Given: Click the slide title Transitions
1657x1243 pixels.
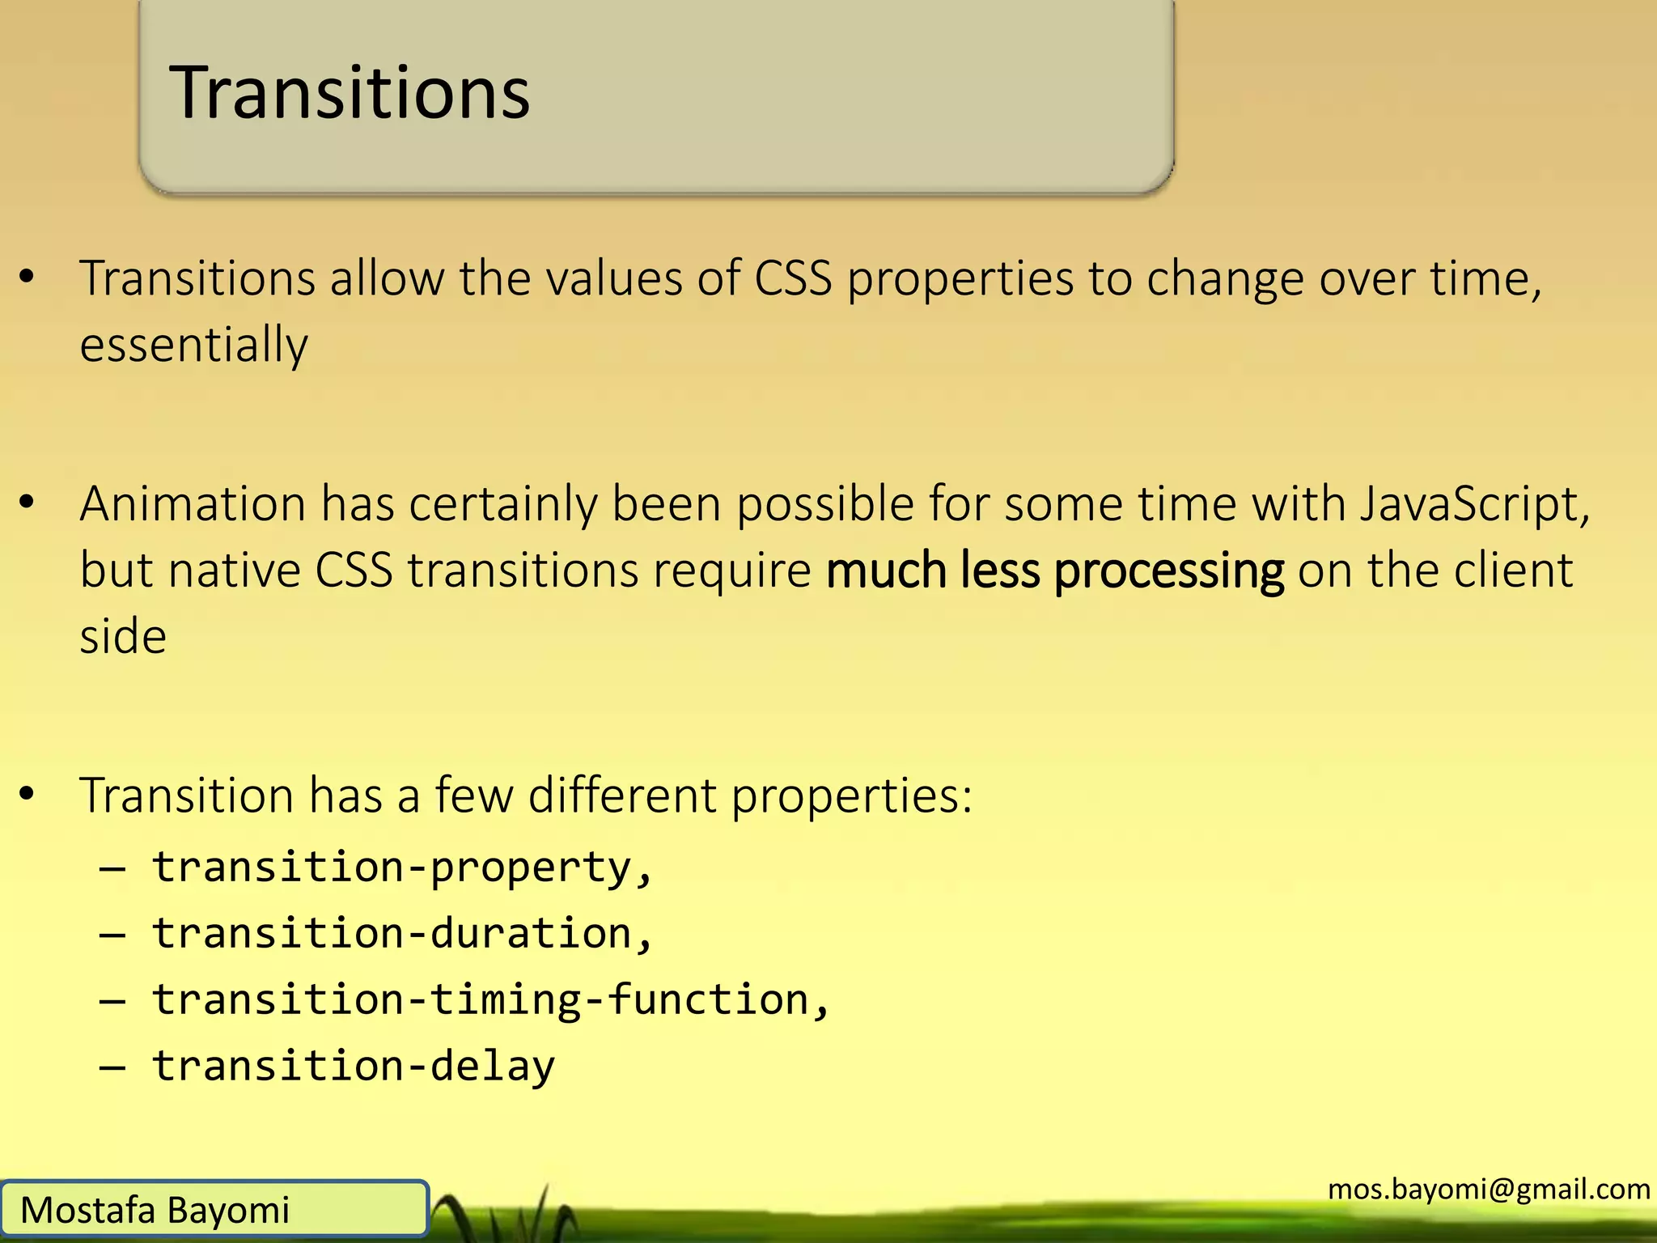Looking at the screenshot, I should tap(349, 93).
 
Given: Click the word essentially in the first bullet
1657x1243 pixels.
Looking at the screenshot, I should tap(193, 345).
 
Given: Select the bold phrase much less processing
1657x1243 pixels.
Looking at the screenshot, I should tap(1054, 571).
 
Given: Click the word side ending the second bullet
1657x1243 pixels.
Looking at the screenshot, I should tap(123, 636).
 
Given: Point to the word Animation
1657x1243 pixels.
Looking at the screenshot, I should tap(193, 504).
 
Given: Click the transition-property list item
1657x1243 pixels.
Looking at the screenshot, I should tap(401, 868).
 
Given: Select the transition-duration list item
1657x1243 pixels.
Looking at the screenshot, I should tap(401, 934).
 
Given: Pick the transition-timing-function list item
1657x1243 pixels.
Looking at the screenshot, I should tap(490, 1000).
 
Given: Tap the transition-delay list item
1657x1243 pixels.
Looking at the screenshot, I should tap(354, 1066).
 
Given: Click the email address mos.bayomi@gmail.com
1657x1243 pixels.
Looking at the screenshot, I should tap(1489, 1189).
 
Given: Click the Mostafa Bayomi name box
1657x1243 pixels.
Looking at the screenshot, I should tap(214, 1210).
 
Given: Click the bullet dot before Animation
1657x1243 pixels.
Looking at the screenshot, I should tap(28, 503).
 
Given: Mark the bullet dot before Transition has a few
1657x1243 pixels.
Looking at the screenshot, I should tap(28, 795).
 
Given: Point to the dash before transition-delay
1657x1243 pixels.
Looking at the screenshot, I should tap(112, 1067).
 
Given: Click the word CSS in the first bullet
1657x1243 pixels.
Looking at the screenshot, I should tap(793, 279).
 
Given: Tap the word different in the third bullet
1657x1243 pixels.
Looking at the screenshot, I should tap(622, 795).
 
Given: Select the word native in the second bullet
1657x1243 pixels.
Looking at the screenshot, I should tap(235, 571).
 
